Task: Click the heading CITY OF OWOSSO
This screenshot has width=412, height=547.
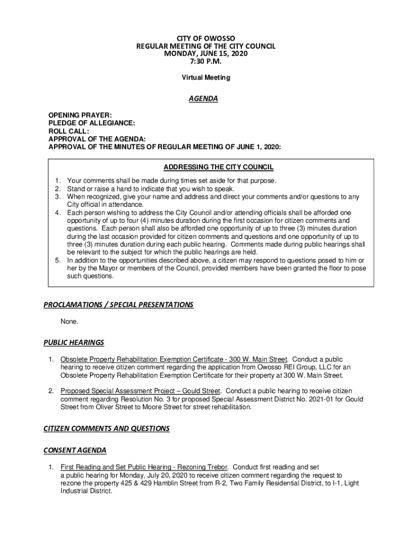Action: (206, 39)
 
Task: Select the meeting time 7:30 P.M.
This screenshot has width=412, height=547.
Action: (206, 61)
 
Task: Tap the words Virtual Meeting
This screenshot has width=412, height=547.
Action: (206, 77)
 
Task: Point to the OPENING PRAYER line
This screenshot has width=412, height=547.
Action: (80, 115)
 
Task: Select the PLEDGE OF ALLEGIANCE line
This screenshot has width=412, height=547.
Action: (91, 123)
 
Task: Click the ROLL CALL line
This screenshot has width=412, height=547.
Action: (68, 131)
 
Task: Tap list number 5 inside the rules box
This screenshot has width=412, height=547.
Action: (57, 260)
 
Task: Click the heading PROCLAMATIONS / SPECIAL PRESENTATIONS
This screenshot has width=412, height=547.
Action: (118, 305)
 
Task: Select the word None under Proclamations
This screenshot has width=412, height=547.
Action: (70, 322)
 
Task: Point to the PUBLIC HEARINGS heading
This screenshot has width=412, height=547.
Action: (74, 342)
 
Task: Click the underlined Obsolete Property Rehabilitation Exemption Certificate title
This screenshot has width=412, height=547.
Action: (174, 359)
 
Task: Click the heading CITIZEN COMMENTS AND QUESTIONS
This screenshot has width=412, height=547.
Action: (106, 428)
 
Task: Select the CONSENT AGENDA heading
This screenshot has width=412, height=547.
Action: (75, 450)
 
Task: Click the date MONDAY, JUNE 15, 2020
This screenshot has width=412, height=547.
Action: (206, 54)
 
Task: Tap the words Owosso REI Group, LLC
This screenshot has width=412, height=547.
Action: (298, 367)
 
